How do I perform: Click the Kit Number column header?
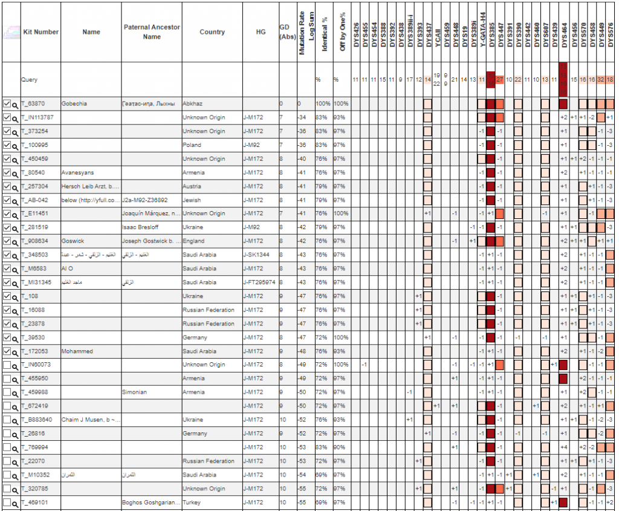click(41, 32)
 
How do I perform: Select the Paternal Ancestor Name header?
click(152, 32)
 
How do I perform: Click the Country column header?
click(212, 32)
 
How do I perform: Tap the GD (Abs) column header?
click(287, 32)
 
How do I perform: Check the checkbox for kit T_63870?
click(7, 104)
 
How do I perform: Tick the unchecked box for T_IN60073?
click(7, 365)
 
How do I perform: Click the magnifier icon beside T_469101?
click(15, 503)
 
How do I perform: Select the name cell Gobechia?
click(74, 104)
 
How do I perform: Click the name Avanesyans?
click(77, 172)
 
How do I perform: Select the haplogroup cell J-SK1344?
click(258, 255)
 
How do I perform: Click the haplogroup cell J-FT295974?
click(259, 282)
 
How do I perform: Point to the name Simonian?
click(134, 392)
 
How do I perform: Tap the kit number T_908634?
click(35, 241)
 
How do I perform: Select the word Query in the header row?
click(29, 79)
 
